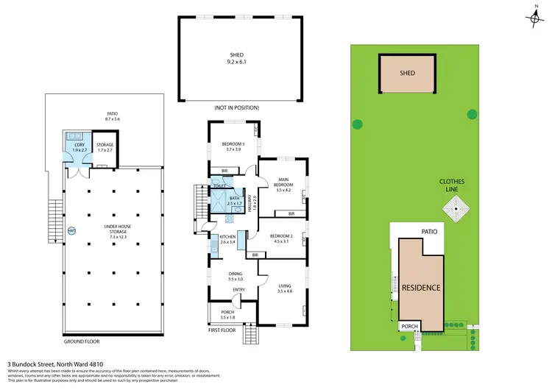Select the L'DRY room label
(x=77, y=147)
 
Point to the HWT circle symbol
(x=71, y=231)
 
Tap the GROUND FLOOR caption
(x=81, y=341)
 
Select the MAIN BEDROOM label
(x=283, y=183)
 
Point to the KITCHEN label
(x=227, y=238)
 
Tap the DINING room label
(x=234, y=277)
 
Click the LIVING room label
(x=285, y=288)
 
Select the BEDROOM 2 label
(x=283, y=238)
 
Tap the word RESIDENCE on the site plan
(x=421, y=287)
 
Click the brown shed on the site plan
(x=407, y=74)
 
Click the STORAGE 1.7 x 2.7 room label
(x=105, y=147)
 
